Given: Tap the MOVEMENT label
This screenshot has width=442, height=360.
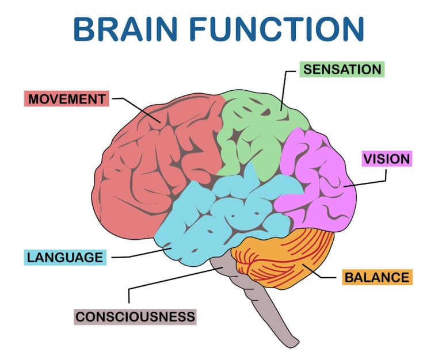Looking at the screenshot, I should point(66,98).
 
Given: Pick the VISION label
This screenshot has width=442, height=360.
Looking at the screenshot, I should point(386,158).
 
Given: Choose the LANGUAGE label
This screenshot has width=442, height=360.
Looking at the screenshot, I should point(64,256).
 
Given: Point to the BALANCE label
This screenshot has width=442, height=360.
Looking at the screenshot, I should point(377,277).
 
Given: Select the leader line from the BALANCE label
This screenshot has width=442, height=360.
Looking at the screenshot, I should point(325,277).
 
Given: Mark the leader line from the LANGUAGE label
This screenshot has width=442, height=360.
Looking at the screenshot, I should point(138,254).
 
